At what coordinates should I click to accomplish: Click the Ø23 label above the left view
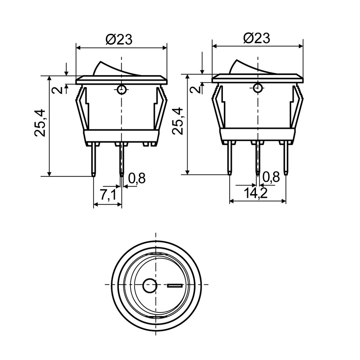click(x=119, y=39)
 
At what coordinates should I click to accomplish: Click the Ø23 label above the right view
click(x=256, y=38)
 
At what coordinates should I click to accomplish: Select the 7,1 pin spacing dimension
click(x=108, y=195)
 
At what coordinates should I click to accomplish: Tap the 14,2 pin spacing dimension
click(x=256, y=193)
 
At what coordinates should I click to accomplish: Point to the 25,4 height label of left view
click(x=40, y=123)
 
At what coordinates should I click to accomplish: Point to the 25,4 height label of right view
click(x=178, y=121)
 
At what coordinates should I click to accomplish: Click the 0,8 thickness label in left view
click(x=137, y=178)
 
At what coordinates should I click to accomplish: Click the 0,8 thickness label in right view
click(x=271, y=177)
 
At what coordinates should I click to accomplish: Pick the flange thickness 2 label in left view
click(x=57, y=90)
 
